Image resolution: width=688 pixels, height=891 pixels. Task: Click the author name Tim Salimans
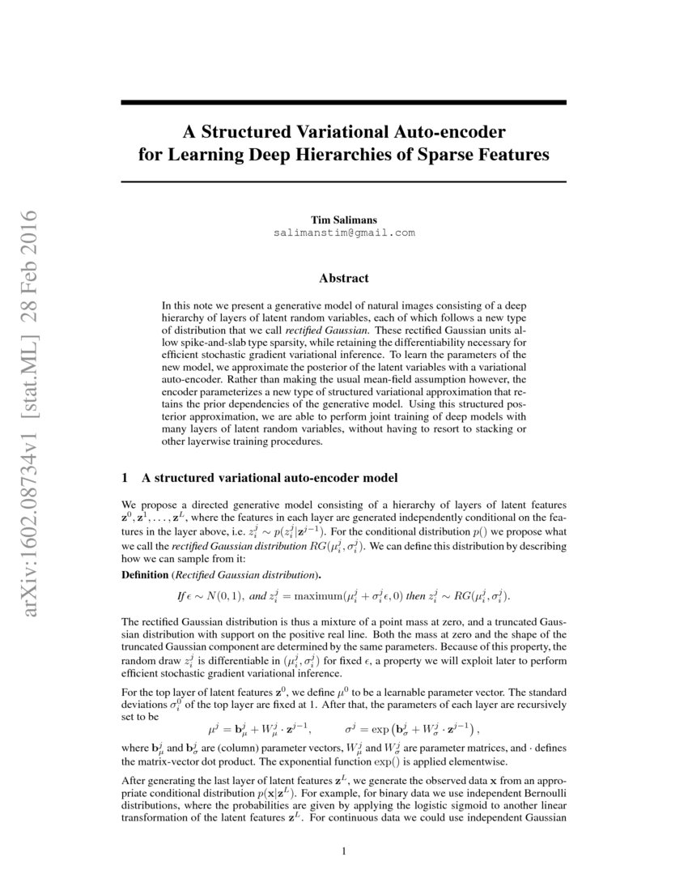tap(343, 220)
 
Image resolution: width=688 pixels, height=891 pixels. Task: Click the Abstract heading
tap(343, 278)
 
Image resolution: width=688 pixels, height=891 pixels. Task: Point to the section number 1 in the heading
tap(125, 478)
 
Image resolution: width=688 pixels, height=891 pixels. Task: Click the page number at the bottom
tap(344, 851)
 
